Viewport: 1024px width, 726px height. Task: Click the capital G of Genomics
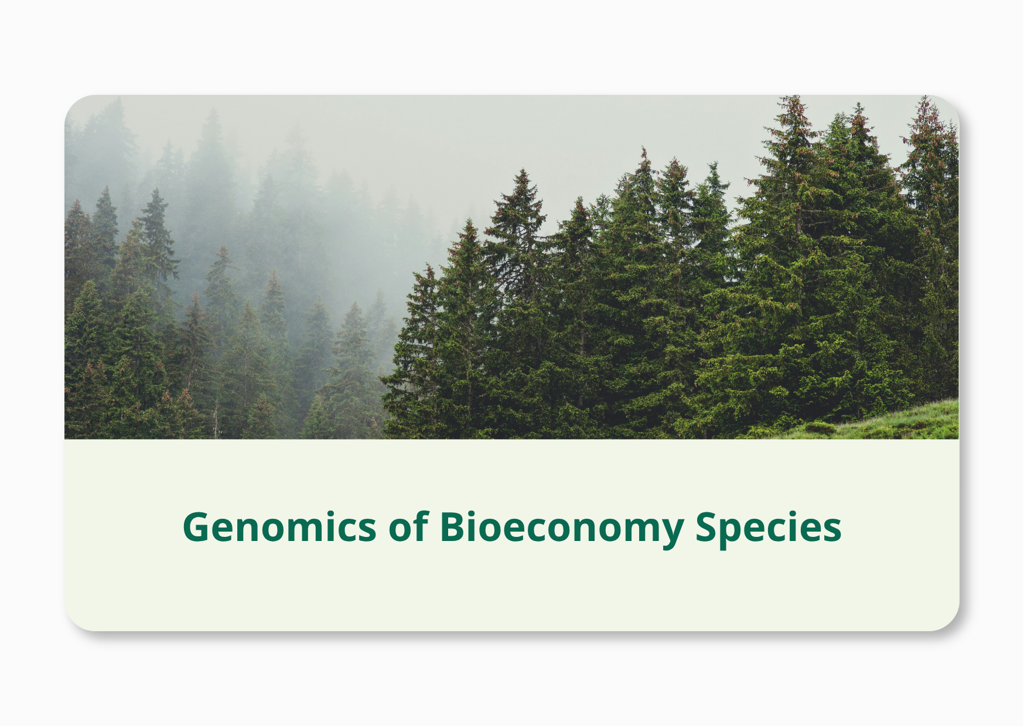tap(197, 527)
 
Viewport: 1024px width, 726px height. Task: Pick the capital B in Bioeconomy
tap(455, 527)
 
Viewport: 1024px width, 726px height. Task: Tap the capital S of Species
tap(707, 527)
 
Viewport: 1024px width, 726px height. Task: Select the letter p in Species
tap(737, 533)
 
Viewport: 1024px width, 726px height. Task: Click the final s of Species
tap(832, 530)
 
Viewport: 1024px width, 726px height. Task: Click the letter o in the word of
tap(401, 530)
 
